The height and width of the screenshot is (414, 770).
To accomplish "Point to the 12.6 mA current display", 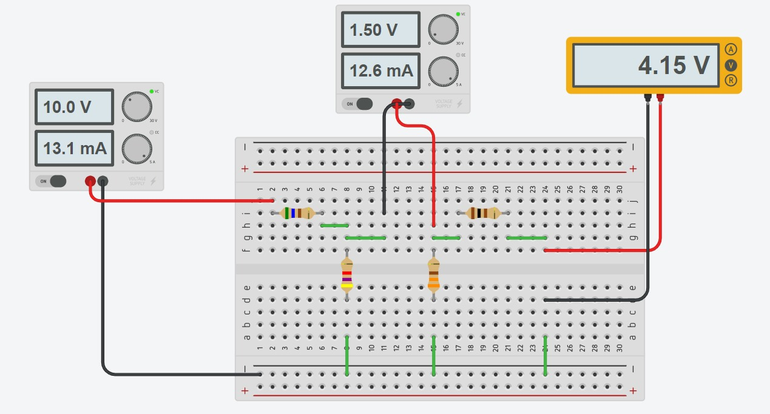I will tap(380, 70).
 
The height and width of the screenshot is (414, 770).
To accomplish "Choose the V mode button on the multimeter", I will tap(731, 65).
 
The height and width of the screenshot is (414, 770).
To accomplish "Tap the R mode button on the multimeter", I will tap(731, 80).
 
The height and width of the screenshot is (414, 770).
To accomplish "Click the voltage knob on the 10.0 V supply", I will tap(137, 107).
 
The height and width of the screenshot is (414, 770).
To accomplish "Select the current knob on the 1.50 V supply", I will tap(443, 72).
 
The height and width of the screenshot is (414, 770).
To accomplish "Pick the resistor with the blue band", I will tap(297, 213).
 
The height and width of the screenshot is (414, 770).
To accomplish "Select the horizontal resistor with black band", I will tap(483, 213).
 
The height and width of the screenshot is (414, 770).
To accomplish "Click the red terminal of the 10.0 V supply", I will tap(90, 181).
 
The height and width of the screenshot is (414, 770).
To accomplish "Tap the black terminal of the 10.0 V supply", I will tap(103, 181).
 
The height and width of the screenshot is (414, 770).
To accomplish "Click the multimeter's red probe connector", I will tap(660, 97).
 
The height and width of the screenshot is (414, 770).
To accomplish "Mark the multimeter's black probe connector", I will tap(648, 97).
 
